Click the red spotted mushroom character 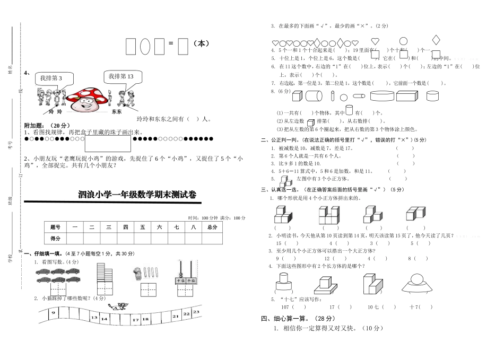(86, 99)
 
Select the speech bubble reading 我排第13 (121, 77)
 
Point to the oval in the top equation (145, 47)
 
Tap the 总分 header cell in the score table (212, 227)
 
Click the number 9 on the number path (53, 313)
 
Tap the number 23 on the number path (196, 312)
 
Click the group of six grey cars (58, 275)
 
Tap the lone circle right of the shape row (403, 41)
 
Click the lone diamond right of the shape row (436, 40)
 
